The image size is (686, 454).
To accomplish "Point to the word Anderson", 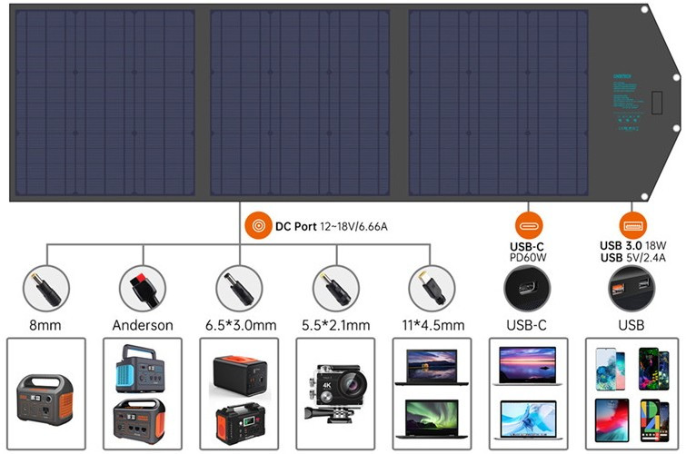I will click(x=143, y=324).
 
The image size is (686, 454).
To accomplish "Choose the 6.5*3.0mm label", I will click(x=239, y=324).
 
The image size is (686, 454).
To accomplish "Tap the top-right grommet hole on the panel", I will click(x=643, y=10).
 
